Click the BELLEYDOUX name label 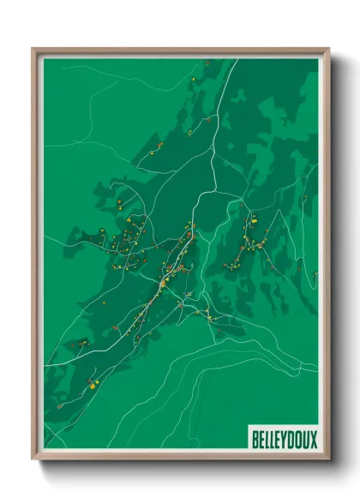(x=284, y=440)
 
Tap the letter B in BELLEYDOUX (x=255, y=440)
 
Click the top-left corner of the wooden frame (x=33, y=49)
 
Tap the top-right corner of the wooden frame (x=328, y=49)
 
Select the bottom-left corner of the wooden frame (x=33, y=458)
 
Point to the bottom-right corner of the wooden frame (x=328, y=458)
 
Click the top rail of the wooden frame (x=180, y=51)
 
